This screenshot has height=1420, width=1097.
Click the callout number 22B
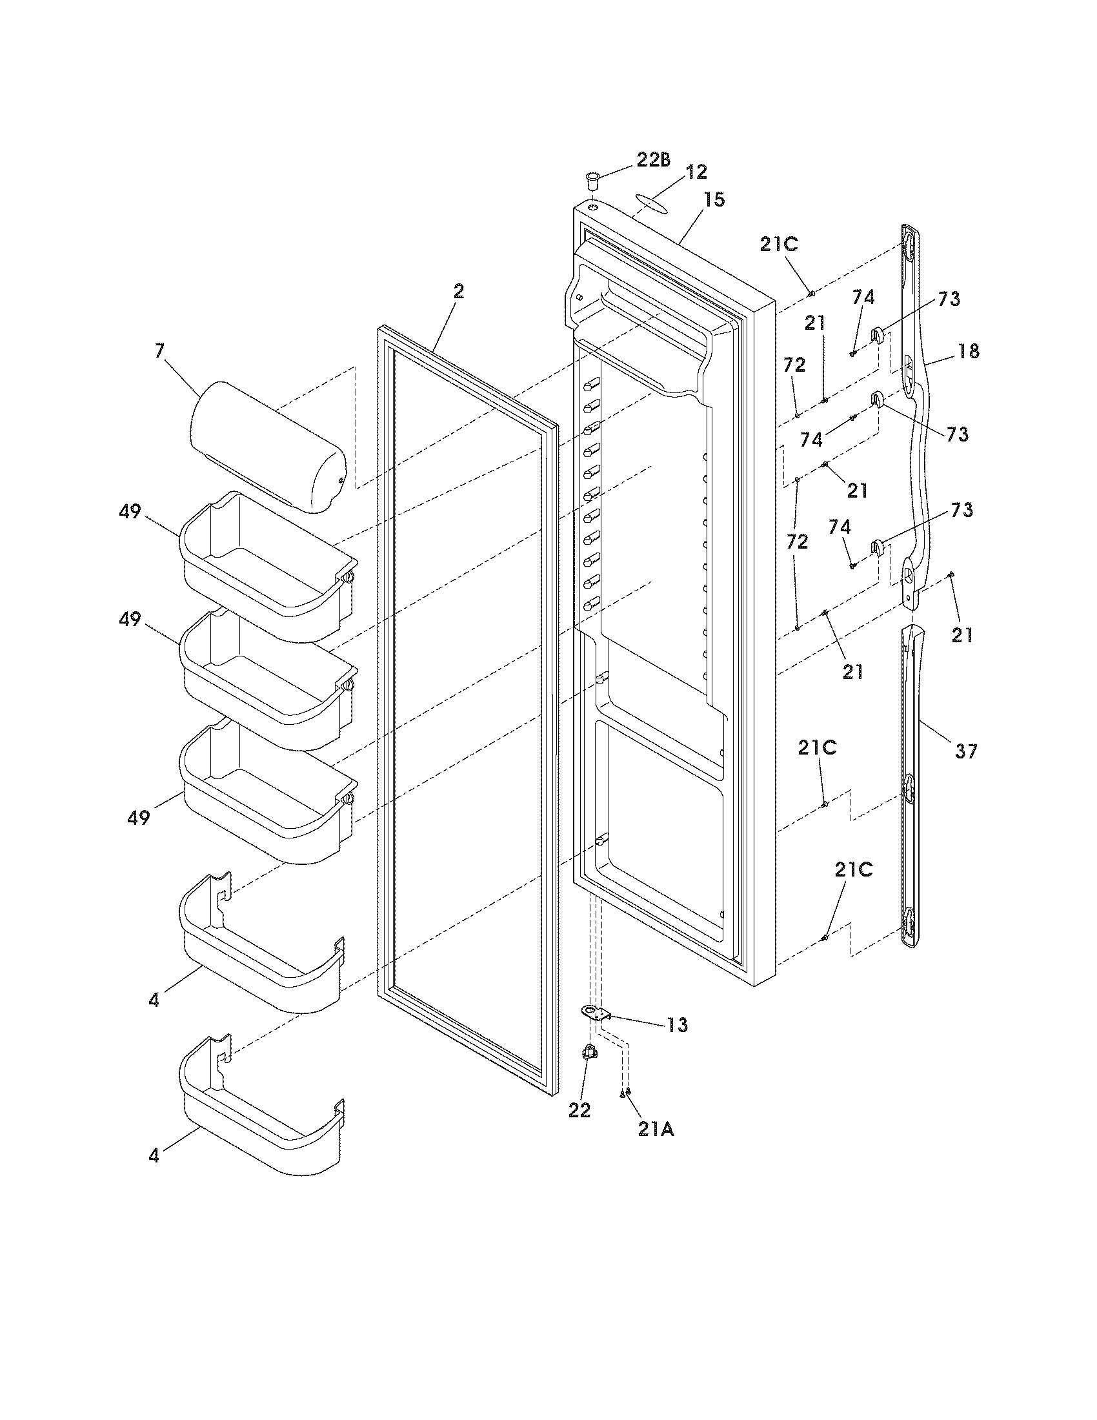click(x=653, y=160)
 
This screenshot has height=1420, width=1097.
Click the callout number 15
click(x=713, y=199)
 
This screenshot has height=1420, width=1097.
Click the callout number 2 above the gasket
click(x=459, y=292)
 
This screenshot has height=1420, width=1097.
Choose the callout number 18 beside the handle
click(x=968, y=351)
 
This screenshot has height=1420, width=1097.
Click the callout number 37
click(x=966, y=751)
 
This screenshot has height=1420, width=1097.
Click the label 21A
click(x=656, y=1130)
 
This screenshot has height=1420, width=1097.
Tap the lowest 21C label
click(x=853, y=870)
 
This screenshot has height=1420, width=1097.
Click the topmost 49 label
click(x=129, y=512)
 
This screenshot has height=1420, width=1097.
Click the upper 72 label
click(x=794, y=365)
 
